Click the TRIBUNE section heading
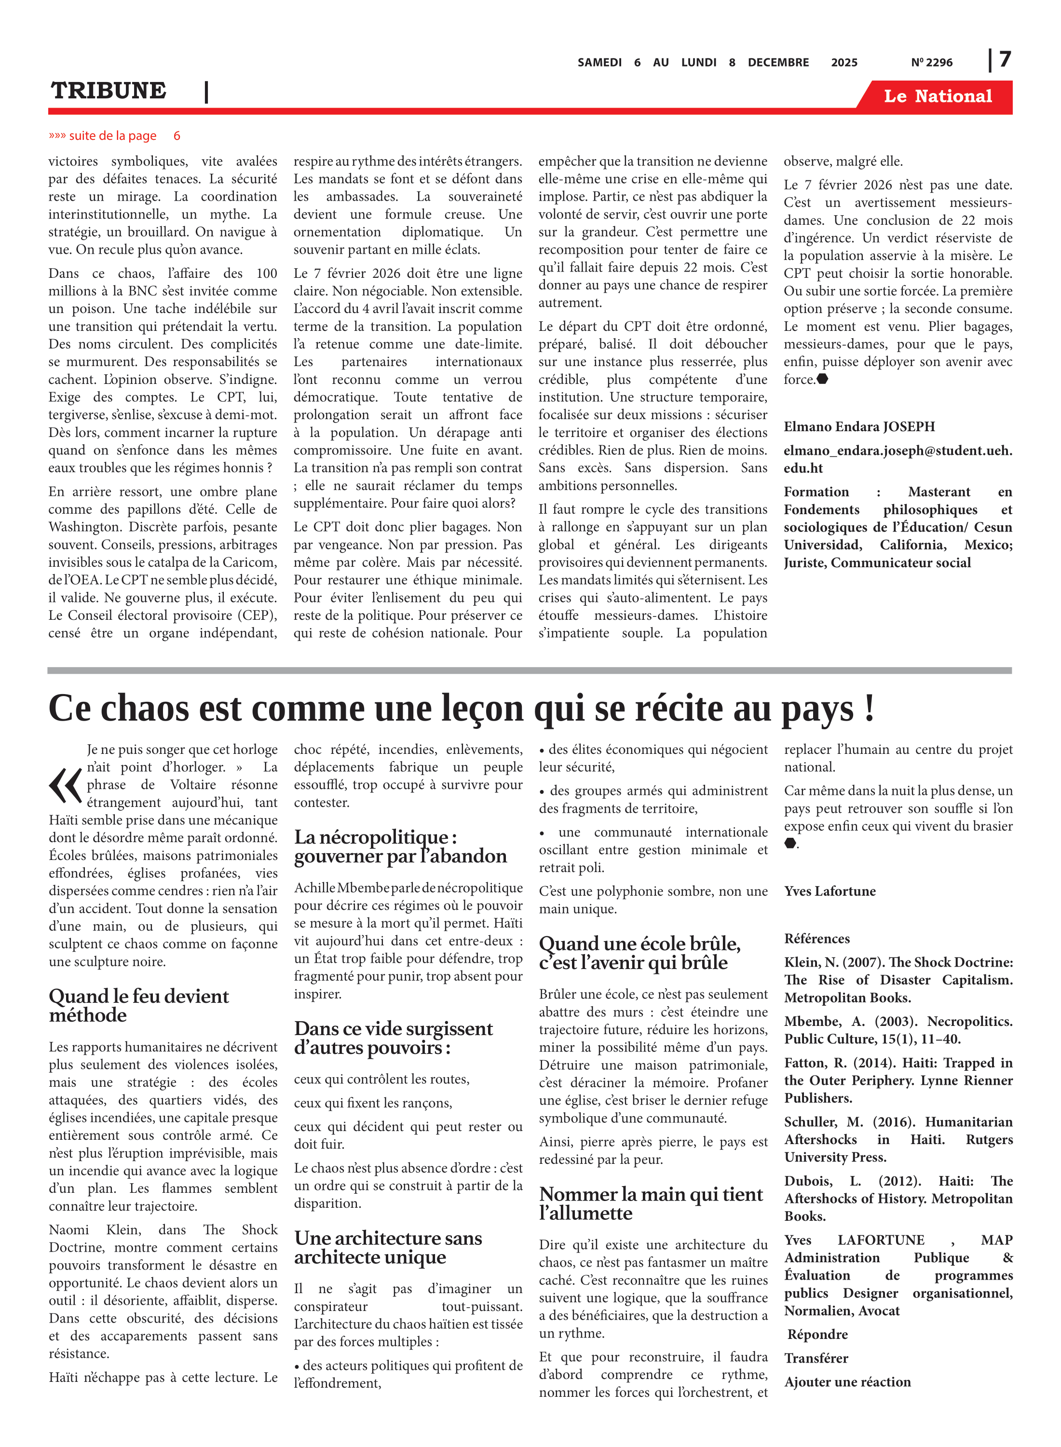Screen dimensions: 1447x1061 click(109, 91)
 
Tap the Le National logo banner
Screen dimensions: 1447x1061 click(937, 96)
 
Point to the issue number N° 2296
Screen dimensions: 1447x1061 click(931, 62)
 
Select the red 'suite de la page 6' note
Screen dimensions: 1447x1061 click(114, 136)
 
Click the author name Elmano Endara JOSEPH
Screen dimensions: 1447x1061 click(859, 426)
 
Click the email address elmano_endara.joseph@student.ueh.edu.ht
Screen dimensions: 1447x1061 click(897, 459)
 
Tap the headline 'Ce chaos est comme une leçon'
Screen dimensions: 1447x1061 click(461, 709)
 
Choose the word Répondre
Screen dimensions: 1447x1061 click(817, 1334)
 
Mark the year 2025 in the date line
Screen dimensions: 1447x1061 click(844, 62)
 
